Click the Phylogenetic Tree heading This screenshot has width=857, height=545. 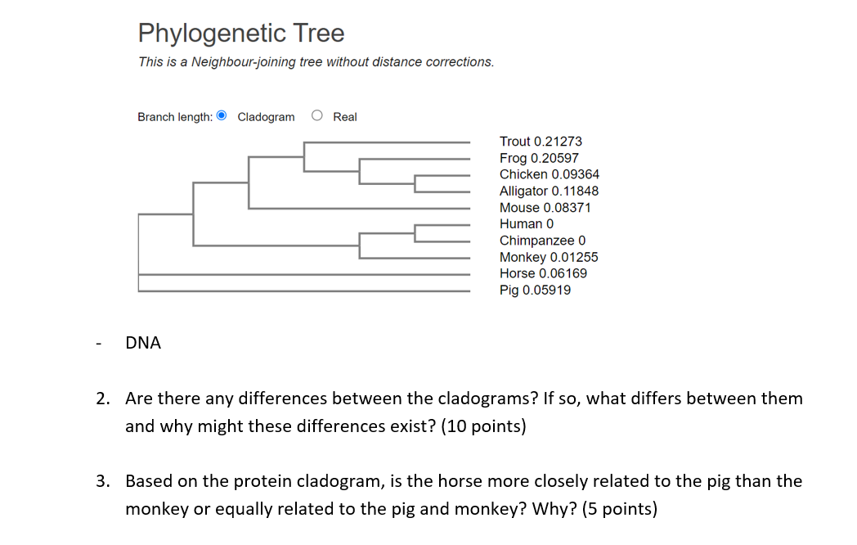click(x=241, y=34)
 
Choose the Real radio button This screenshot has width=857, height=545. click(x=317, y=116)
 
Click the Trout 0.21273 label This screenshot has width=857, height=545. click(x=541, y=142)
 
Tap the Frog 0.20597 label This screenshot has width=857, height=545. click(x=539, y=158)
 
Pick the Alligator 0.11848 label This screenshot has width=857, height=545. click(x=549, y=191)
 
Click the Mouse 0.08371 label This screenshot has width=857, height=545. click(x=545, y=208)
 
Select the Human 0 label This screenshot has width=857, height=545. click(x=527, y=224)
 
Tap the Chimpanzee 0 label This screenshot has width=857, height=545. click(x=543, y=241)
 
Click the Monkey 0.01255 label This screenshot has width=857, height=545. click(x=549, y=257)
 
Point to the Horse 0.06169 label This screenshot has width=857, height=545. click(x=543, y=273)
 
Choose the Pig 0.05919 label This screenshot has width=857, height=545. click(x=535, y=290)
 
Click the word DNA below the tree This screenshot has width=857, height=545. click(x=143, y=344)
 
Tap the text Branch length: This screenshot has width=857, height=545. click(x=175, y=117)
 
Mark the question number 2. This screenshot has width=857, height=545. click(x=101, y=399)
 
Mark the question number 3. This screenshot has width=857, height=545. click(x=101, y=481)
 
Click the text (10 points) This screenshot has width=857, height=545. click(x=482, y=427)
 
